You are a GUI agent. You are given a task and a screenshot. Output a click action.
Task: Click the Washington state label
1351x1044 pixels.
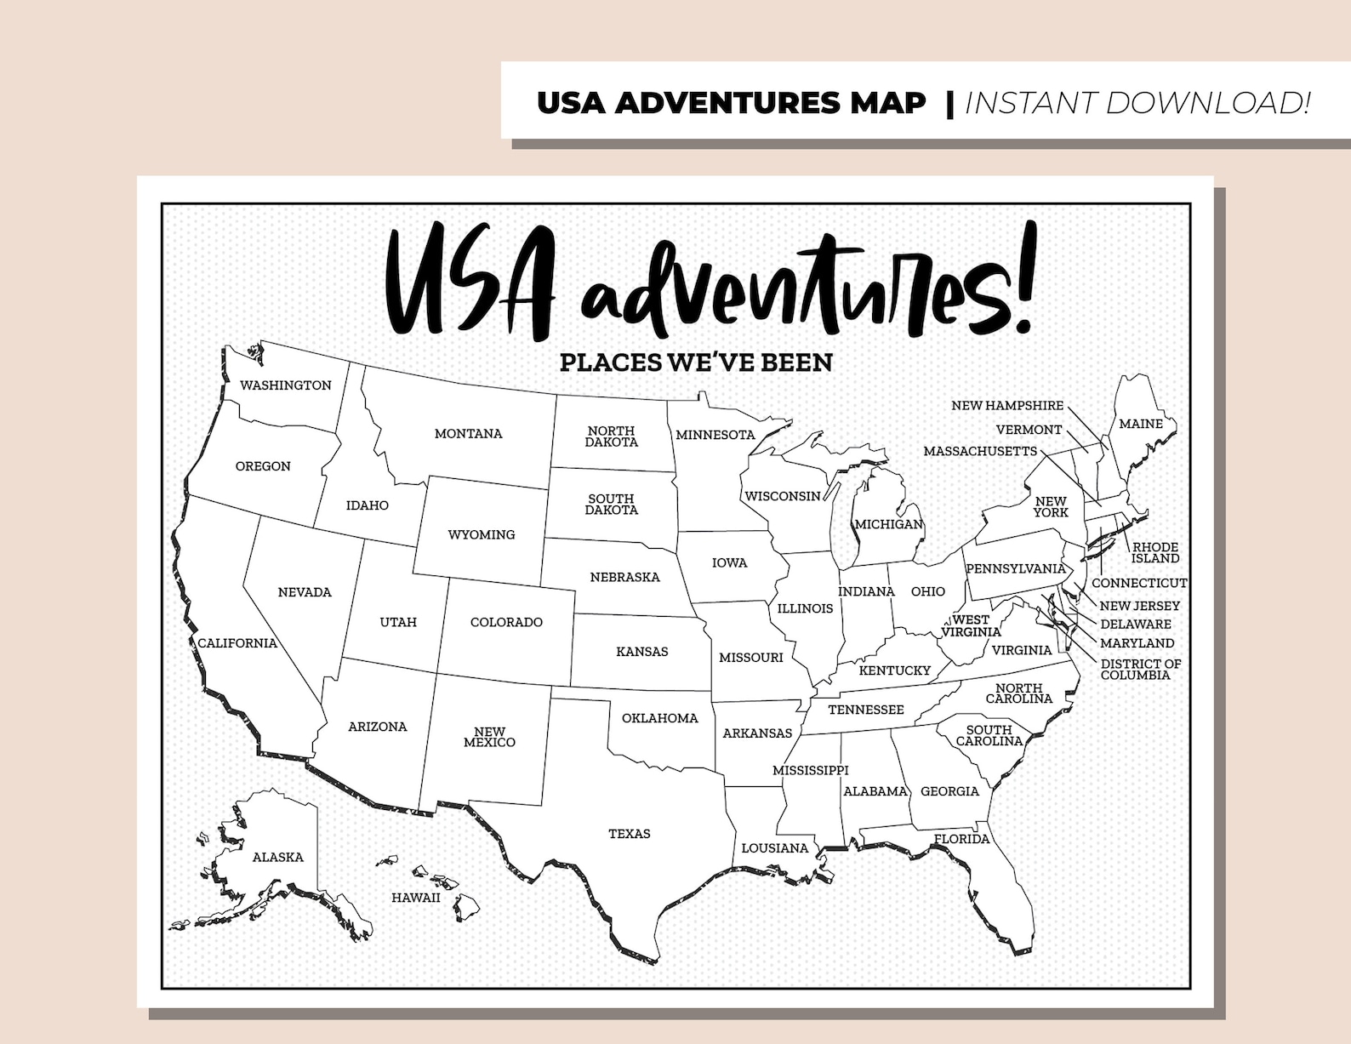click(285, 385)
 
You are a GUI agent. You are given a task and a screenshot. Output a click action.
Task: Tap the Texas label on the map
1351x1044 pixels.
click(629, 834)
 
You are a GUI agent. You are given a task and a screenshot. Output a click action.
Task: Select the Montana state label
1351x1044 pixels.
click(468, 434)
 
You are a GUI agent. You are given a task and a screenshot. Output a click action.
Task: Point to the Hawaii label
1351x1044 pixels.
click(415, 898)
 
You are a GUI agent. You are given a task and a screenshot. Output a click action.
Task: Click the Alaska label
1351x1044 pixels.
click(277, 858)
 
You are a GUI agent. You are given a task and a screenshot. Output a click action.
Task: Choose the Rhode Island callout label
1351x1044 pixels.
click(1154, 553)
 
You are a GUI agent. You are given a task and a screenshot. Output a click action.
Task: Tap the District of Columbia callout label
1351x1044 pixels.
click(1140, 670)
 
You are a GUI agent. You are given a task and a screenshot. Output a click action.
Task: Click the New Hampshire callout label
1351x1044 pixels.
click(1006, 406)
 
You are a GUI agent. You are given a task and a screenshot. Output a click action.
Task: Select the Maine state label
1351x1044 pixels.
click(1140, 424)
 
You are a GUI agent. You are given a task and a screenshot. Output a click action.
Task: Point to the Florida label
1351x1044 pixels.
click(961, 839)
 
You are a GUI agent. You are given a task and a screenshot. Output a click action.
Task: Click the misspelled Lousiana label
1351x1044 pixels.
click(774, 848)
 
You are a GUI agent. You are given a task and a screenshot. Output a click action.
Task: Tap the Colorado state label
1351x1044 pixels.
click(506, 623)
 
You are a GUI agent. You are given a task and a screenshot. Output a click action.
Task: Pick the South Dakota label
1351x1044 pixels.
click(611, 505)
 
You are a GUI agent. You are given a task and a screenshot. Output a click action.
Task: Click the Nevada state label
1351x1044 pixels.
click(305, 592)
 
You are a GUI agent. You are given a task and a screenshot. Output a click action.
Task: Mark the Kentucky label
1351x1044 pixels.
click(894, 670)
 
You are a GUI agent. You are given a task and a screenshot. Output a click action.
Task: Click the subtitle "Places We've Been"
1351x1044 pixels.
click(696, 362)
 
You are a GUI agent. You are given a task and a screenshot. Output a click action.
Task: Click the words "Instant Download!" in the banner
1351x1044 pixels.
click(1137, 103)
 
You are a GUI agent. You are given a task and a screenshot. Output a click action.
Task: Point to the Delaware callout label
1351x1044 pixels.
click(1135, 625)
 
